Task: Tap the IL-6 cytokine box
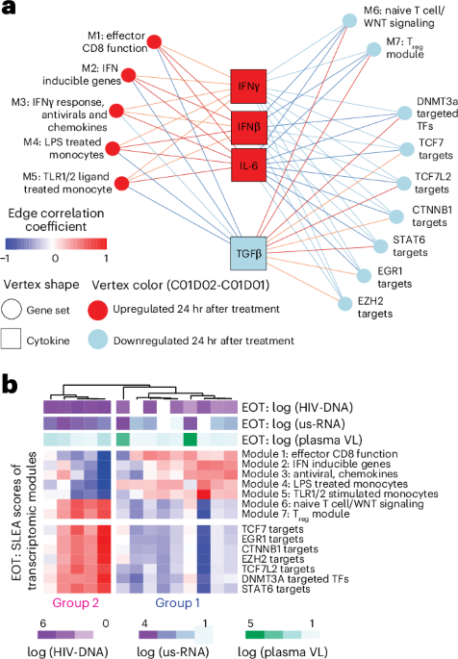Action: pyautogui.click(x=245, y=165)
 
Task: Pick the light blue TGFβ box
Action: pyautogui.click(x=245, y=227)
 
